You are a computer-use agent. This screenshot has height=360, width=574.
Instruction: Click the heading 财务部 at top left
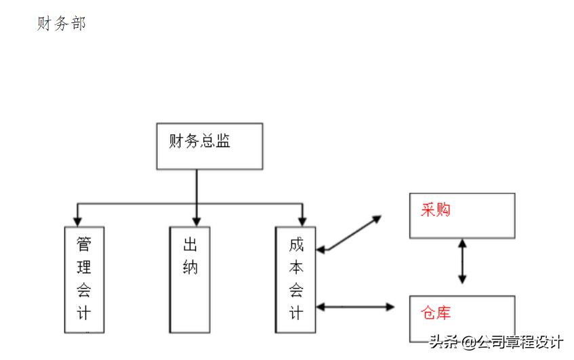[61, 24]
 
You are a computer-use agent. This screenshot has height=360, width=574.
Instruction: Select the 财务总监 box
[209, 146]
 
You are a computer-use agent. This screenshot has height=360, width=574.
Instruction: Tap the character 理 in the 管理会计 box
[84, 267]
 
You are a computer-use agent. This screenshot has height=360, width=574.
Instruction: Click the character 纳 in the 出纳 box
[190, 267]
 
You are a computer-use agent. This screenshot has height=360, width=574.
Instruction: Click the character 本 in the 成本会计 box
[296, 267]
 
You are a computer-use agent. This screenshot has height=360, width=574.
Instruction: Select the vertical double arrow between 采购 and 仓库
[462, 260]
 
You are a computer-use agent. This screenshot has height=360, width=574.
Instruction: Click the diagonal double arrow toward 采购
[350, 234]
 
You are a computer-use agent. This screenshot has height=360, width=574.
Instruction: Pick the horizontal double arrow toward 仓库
[356, 307]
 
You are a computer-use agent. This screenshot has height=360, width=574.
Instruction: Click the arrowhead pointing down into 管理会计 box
[77, 221]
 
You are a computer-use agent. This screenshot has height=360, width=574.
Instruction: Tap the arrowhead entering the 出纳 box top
[197, 221]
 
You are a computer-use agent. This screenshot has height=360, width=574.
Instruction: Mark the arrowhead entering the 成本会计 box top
[302, 221]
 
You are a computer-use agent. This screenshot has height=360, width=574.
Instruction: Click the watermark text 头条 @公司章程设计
[495, 342]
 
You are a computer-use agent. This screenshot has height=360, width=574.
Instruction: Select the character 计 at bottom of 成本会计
[296, 313]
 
